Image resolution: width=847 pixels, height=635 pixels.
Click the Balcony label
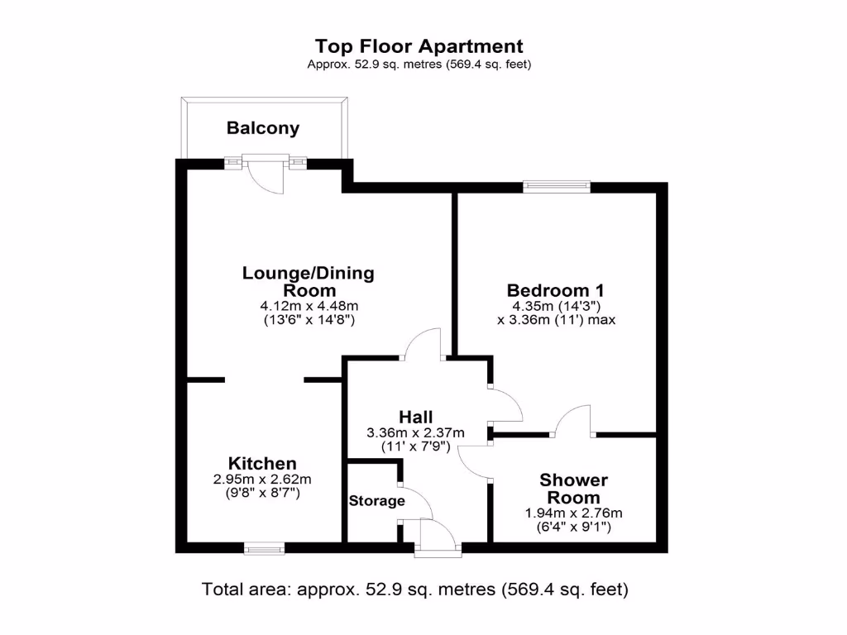(x=263, y=128)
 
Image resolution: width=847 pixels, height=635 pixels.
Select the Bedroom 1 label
(x=556, y=290)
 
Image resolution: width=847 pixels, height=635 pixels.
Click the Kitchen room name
(x=262, y=463)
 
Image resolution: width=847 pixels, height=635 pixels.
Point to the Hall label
(x=415, y=417)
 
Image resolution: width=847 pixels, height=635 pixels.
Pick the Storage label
(x=376, y=500)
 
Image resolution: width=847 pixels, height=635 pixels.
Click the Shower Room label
(x=573, y=489)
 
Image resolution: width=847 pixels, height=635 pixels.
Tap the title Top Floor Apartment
(x=419, y=46)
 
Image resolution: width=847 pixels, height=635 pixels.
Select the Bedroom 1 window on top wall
(x=557, y=187)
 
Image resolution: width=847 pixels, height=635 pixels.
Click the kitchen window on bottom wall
(x=265, y=547)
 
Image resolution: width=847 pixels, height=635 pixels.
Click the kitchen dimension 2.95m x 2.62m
(x=262, y=479)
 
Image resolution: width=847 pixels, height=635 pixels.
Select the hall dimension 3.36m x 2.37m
(x=415, y=432)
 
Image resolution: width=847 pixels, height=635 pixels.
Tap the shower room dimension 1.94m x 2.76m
(x=573, y=513)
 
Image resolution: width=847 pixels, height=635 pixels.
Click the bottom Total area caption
(x=415, y=590)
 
